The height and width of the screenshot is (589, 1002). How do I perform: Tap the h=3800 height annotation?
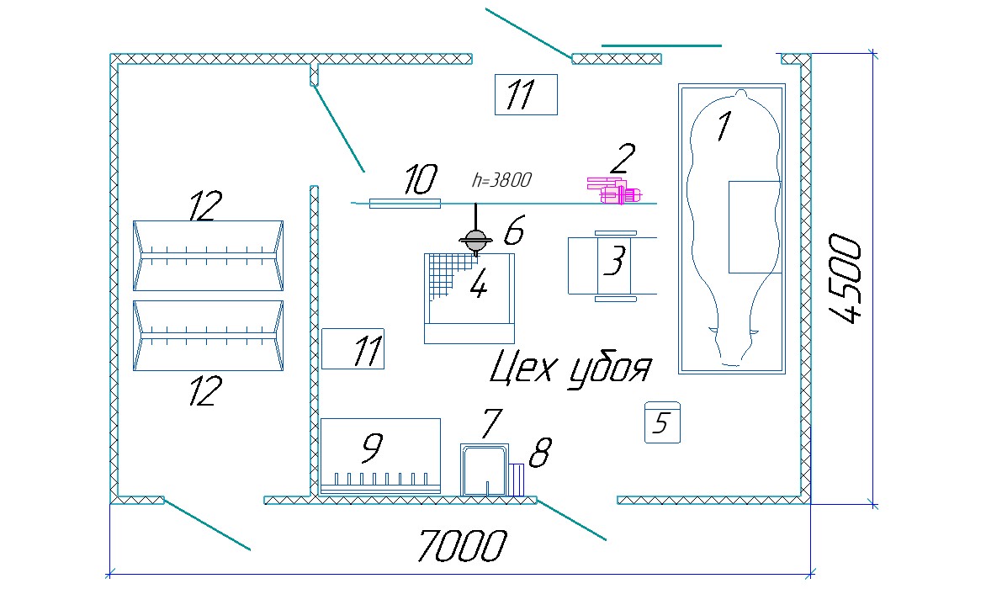coord(501,179)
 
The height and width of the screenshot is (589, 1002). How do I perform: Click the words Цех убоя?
coord(570,368)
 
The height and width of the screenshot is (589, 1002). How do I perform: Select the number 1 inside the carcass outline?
coord(722,126)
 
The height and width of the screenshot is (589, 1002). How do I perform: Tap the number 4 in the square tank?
coord(478,287)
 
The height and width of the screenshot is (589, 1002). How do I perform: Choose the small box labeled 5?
coord(662,423)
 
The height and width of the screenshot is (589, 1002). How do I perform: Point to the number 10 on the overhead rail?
coord(420,179)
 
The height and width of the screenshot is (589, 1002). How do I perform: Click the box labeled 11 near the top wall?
coord(526,94)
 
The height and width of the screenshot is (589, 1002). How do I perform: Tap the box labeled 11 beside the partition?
coord(353,348)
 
